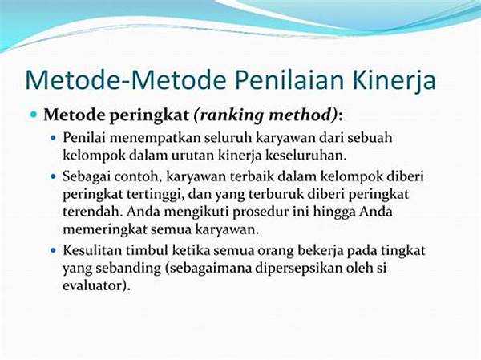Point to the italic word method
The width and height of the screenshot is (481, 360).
click(303, 115)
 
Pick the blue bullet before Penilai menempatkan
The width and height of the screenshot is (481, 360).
click(54, 137)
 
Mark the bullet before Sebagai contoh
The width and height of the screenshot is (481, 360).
click(54, 176)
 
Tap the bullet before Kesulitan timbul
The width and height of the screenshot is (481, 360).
click(54, 250)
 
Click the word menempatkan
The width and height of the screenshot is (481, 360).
click(156, 138)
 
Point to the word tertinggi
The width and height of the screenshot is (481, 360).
click(156, 195)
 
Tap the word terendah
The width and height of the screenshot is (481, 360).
click(93, 212)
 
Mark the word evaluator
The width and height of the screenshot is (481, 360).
click(93, 285)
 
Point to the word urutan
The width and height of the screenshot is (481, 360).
click(192, 156)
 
